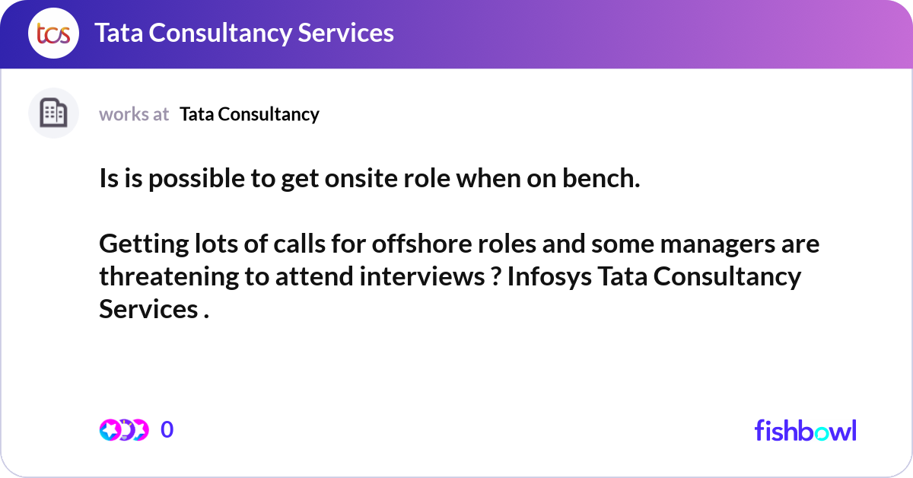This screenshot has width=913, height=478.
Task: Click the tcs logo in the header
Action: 53,33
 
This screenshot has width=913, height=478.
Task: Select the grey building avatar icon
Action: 53,113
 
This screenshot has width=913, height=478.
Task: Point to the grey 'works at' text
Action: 134,114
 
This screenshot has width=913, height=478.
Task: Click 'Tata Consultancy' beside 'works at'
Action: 250,114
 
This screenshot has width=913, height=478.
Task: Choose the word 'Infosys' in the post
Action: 548,277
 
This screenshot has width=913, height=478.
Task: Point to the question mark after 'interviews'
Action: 495,277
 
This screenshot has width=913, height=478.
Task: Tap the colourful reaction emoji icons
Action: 124,430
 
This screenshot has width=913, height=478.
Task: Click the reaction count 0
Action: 167,430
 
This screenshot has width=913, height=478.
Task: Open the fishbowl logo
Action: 805,430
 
